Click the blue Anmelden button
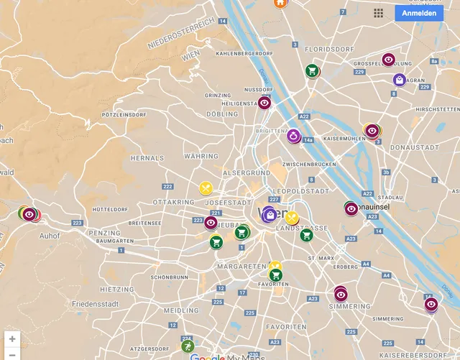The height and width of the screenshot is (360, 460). (x=418, y=13)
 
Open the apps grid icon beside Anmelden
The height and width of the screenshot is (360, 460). (x=379, y=13)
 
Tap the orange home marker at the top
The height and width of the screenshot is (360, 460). (x=280, y=3)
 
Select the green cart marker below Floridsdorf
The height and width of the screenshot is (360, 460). (x=312, y=70)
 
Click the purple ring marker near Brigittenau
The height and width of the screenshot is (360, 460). (x=293, y=135)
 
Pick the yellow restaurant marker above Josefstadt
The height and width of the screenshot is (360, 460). (x=206, y=188)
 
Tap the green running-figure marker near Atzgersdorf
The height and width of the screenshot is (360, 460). (x=187, y=346)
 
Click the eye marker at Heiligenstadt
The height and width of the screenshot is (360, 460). (x=264, y=103)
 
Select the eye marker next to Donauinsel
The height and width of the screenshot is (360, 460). (x=351, y=208)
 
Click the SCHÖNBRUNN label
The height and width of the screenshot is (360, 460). (x=169, y=277)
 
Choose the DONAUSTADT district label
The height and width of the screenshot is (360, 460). (x=408, y=147)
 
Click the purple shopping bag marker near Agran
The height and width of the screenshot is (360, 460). (x=399, y=80)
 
